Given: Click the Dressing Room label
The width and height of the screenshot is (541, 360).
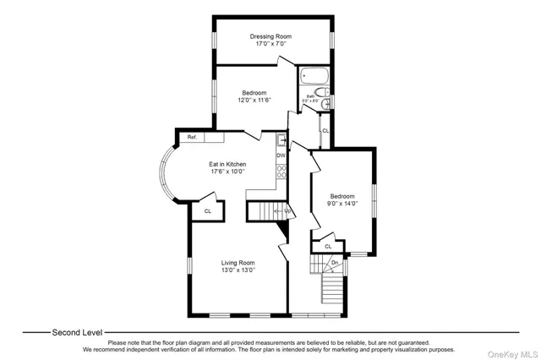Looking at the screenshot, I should (270, 36).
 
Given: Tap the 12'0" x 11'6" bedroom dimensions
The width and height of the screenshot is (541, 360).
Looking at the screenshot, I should (255, 101).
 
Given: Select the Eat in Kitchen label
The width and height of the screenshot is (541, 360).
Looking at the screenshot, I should (228, 164).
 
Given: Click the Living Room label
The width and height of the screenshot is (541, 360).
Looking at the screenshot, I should (238, 263).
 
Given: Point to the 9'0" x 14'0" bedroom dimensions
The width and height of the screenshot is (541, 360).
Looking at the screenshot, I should (342, 204).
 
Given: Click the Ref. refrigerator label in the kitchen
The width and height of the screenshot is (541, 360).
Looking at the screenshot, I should (192, 137).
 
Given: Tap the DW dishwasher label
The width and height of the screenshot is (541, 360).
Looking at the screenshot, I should (281, 155).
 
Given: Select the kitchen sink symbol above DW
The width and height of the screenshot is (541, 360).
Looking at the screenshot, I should (281, 140).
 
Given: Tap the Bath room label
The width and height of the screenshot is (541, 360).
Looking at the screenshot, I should (311, 95).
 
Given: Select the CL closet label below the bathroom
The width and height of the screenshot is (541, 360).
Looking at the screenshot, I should (325, 131).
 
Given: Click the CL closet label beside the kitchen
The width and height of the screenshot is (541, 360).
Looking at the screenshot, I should (207, 211).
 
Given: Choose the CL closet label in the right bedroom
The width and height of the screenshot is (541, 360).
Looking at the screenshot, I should (328, 246).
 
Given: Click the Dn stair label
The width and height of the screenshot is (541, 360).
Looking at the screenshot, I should (336, 263).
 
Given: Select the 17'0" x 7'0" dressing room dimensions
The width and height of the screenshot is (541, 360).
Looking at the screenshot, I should (270, 44).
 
